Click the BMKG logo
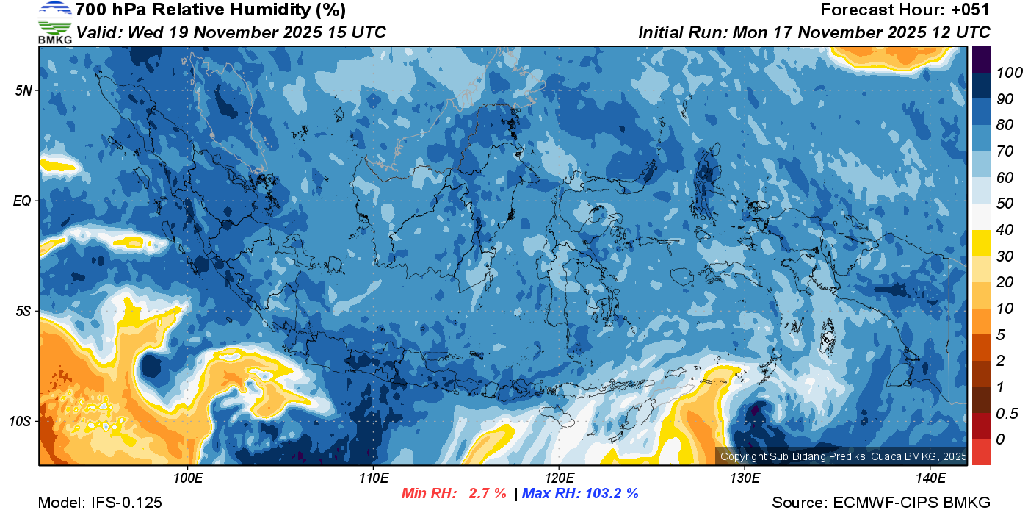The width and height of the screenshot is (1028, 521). pos(54,23)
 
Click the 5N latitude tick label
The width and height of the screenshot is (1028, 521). pos(23,90)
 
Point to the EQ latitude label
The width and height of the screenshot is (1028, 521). pos(22,201)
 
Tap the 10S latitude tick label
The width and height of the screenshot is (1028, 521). pos(20,421)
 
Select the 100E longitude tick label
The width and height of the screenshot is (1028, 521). pos(188,478)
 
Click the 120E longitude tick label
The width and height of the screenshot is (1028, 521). pos(559,478)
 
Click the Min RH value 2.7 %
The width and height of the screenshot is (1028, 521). pos(487,493)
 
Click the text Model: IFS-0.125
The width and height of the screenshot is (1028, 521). pos(100,503)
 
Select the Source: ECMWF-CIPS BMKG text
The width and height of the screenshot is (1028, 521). pos(881,503)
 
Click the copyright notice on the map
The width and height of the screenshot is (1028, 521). pos(843,456)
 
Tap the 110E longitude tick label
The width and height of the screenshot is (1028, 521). pos(374,478)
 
